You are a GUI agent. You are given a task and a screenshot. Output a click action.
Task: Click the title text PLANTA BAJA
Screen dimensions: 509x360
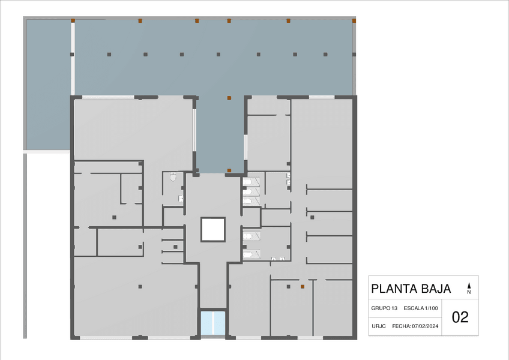(411, 289)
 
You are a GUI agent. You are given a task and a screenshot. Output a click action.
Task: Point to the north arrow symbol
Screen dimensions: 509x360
(469, 286)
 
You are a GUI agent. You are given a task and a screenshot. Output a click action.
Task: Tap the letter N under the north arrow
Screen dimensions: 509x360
(469, 292)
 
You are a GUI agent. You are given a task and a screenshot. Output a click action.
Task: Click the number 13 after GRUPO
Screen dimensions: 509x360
(394, 308)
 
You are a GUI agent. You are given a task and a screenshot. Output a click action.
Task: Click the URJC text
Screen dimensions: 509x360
(379, 326)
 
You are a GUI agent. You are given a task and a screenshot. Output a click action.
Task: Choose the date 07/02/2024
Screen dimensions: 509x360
(425, 326)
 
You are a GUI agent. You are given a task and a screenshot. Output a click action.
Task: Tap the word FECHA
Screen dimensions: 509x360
(401, 326)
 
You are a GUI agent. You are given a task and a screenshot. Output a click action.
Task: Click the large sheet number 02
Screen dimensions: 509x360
(460, 317)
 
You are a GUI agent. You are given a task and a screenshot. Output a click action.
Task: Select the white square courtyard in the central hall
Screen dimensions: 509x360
(213, 229)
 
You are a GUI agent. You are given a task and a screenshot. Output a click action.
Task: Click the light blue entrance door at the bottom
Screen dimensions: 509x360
(213, 323)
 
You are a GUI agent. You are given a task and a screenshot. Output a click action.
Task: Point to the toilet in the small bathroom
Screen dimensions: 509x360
(173, 176)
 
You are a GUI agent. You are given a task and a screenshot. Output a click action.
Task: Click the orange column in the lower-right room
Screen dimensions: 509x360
(303, 287)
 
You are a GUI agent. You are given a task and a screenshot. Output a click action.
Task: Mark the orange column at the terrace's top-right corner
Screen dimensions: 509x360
(354, 21)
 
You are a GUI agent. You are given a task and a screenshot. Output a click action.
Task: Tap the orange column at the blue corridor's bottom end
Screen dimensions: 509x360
(229, 170)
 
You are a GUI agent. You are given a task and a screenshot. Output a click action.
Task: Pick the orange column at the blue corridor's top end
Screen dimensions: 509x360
(229, 98)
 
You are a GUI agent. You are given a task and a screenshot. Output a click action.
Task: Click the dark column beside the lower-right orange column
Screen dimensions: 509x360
(288, 287)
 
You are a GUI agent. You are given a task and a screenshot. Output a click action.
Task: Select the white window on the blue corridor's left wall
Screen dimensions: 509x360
(194, 130)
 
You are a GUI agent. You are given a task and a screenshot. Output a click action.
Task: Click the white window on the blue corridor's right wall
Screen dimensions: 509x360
(245, 148)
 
